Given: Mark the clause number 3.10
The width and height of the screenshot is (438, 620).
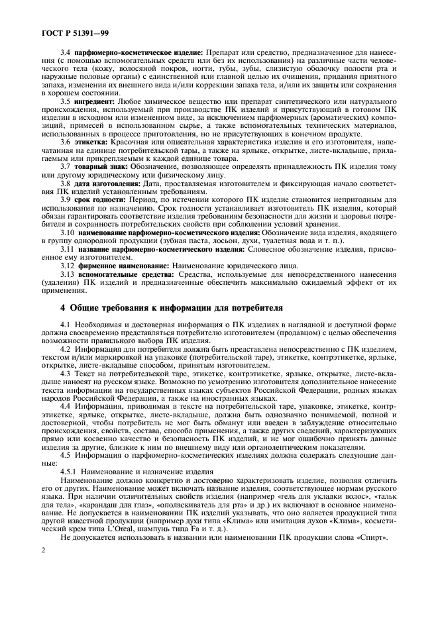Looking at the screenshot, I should click(x=68, y=233).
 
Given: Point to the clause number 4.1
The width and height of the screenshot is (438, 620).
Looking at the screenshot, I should click(x=66, y=323).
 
